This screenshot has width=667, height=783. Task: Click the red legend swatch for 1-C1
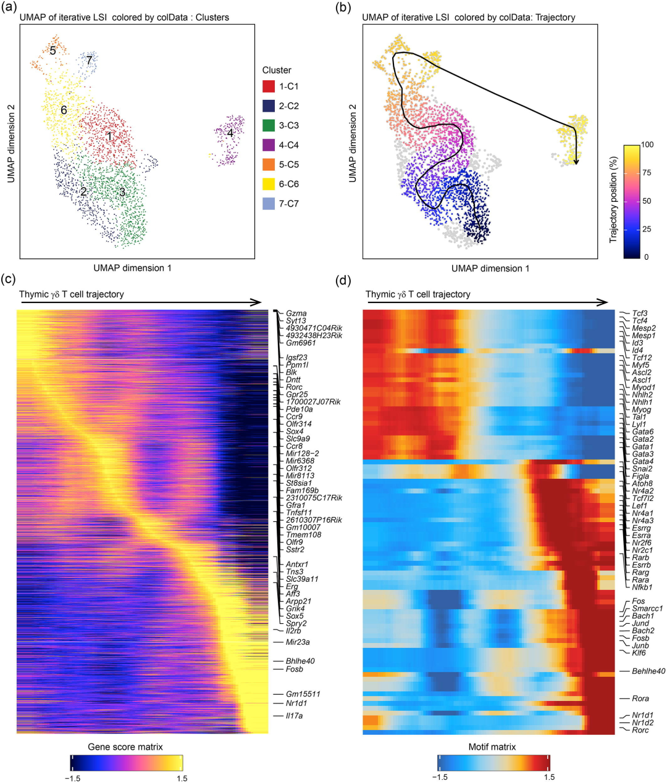coord(269,86)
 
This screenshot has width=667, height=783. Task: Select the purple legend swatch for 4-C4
coord(269,145)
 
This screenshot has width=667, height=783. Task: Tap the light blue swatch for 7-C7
coord(269,204)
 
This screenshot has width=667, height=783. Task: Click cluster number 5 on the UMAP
coord(53,51)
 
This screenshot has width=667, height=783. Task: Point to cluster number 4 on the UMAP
coord(230,133)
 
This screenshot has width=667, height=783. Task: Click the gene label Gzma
coord(296,313)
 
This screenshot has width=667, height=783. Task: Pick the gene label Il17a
coord(294,716)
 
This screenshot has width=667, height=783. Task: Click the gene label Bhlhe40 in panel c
coord(300,661)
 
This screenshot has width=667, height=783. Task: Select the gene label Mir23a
coord(298,642)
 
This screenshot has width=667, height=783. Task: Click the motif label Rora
coord(640,699)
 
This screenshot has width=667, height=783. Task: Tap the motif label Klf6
coord(639,653)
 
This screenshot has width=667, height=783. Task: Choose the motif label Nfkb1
coord(642,587)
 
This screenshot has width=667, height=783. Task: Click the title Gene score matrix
coord(125,747)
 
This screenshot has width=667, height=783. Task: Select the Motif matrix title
coord(492,747)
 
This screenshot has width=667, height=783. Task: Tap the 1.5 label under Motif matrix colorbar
coord(549,777)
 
